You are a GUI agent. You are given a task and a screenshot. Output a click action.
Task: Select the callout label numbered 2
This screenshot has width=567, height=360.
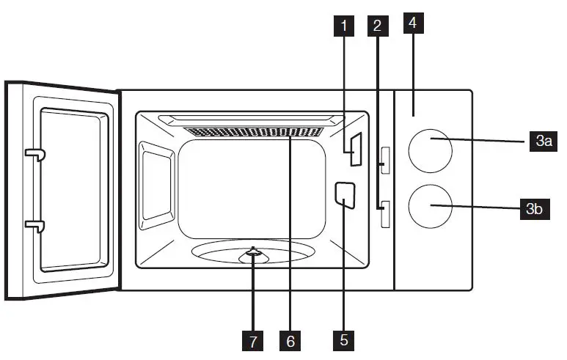[x=377, y=26]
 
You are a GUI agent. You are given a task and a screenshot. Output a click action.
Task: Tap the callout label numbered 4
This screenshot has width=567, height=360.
[x=414, y=23]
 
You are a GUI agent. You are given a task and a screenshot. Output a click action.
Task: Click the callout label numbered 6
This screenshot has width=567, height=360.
[x=290, y=339]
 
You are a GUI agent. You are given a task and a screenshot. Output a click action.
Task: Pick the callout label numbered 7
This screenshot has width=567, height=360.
[x=254, y=339]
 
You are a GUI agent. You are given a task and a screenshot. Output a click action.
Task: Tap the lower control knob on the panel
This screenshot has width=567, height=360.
[x=431, y=206]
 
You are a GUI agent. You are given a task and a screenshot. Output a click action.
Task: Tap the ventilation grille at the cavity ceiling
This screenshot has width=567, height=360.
[x=253, y=133]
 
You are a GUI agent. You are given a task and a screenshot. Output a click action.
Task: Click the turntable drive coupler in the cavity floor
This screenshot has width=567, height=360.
[x=254, y=254]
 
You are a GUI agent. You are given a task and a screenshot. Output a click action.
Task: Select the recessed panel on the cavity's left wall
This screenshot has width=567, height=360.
[x=156, y=180]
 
